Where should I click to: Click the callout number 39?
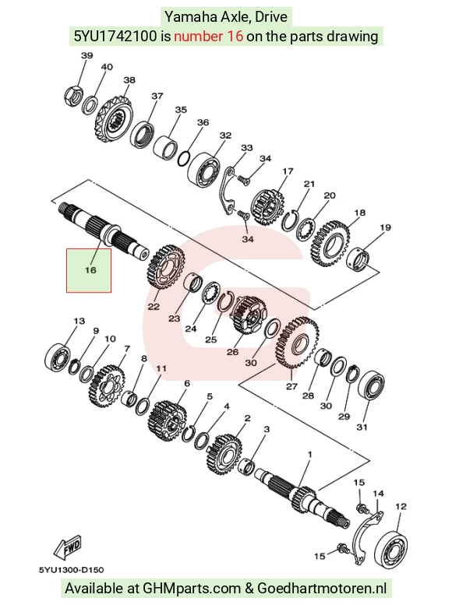coord(87,55)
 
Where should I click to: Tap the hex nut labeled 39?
coord(73,97)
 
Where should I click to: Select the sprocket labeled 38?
coord(114,120)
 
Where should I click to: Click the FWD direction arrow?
coord(68,547)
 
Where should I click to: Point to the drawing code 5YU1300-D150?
coord(71,570)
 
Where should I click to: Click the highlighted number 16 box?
coord(89,270)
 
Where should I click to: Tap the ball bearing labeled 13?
coord(58,356)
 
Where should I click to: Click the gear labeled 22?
coord(166,267)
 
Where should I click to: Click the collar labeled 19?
coord(359,260)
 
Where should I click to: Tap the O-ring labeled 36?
coord(184,159)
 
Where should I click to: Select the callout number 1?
coord(309,455)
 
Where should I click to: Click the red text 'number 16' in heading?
coord(209,37)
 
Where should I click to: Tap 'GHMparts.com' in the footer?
coord(192,589)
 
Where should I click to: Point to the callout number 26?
coord(232,352)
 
